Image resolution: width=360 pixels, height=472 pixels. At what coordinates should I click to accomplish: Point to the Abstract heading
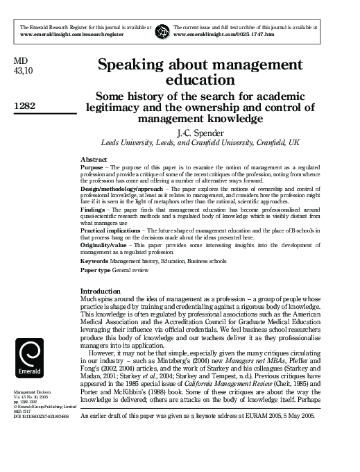94,160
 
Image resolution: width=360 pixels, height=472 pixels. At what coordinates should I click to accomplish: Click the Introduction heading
101,290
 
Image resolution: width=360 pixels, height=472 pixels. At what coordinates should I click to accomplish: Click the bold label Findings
94,210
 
